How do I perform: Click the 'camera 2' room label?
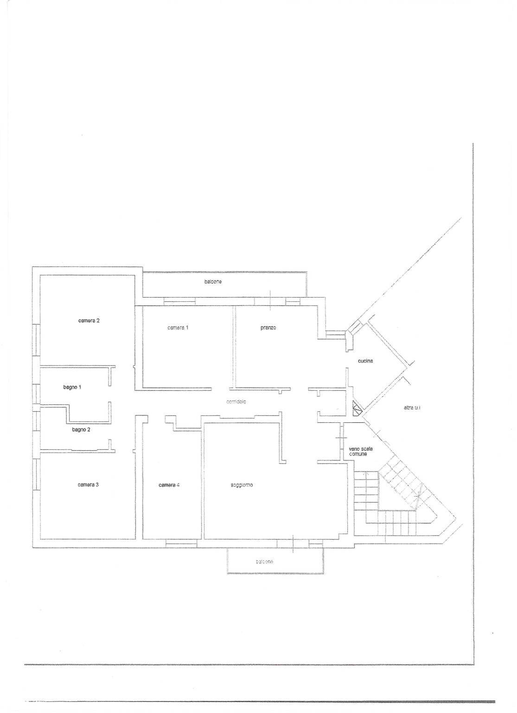tap(89, 320)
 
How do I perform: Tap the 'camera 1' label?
tap(178, 328)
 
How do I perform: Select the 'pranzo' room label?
tap(268, 328)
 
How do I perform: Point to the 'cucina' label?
tap(365, 361)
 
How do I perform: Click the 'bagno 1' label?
tap(72, 387)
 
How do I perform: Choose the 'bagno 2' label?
tap(81, 429)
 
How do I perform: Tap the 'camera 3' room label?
tap(88, 485)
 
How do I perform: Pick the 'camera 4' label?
tap(169, 485)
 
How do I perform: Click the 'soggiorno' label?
tap(242, 485)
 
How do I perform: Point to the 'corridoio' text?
tap(236, 402)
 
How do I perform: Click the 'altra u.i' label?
tap(412, 408)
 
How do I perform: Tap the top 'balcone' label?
tap(213, 282)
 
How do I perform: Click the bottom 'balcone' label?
tap(264, 562)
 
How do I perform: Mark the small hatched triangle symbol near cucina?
tap(357, 408)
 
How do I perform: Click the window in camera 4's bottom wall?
tap(181, 542)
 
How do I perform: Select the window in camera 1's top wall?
tap(179, 302)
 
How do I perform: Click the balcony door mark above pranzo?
tap(270, 300)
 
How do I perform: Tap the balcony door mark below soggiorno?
tap(293, 544)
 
